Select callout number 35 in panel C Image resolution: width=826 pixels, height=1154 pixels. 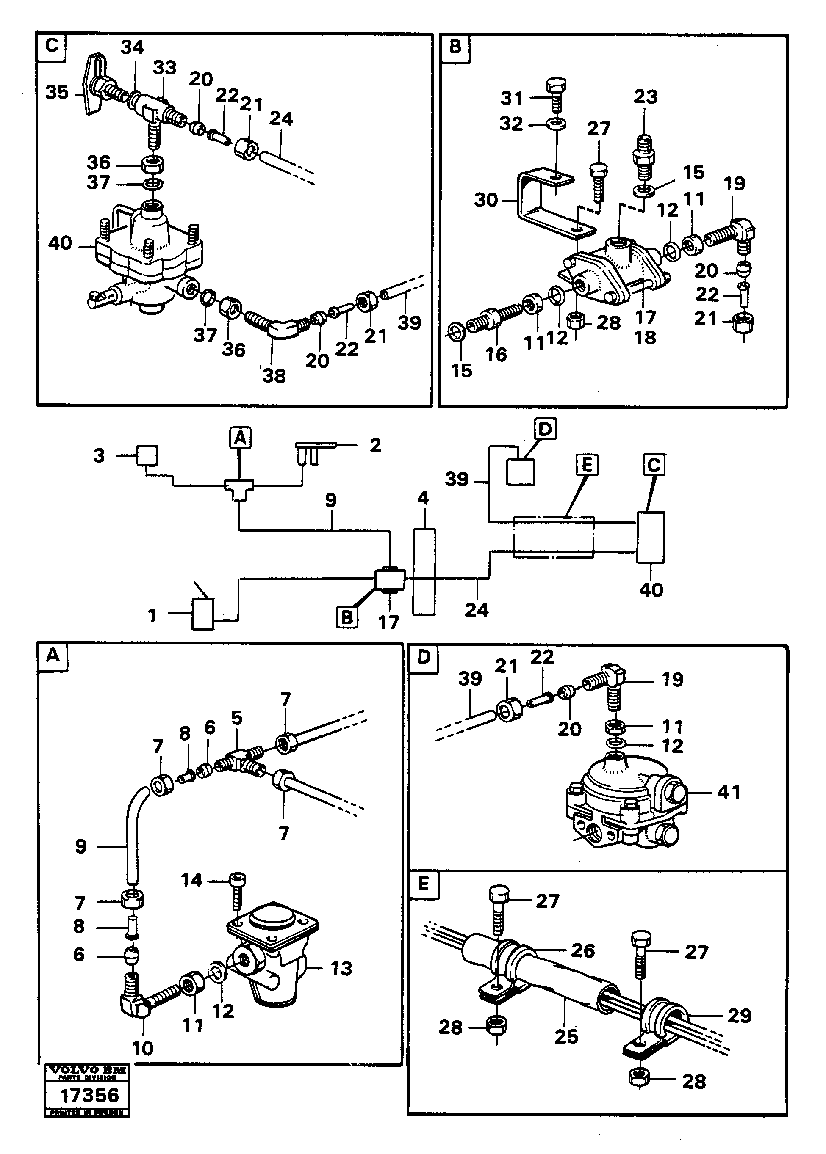pos(56,93)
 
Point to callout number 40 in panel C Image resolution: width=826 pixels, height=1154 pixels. pos(60,243)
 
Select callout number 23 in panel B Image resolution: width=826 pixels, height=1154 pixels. pos(645,96)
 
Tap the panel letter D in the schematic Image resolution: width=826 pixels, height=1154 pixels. pos(544,430)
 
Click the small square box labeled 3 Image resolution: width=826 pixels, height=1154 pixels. pos(147,455)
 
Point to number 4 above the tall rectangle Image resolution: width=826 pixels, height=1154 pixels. pos(423,498)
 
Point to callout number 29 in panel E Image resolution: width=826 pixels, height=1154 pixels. pos(739,1015)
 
